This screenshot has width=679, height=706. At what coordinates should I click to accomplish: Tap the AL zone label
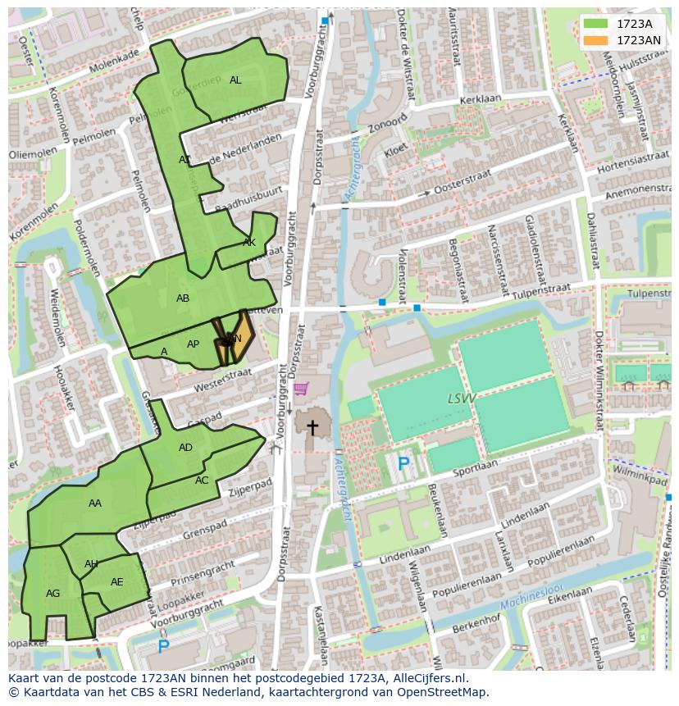pyautogui.click(x=235, y=80)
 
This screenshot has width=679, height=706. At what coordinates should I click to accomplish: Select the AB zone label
pyautogui.click(x=183, y=298)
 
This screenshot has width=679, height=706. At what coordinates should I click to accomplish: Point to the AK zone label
pyautogui.click(x=249, y=243)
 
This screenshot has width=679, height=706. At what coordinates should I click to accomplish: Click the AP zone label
pyautogui.click(x=193, y=344)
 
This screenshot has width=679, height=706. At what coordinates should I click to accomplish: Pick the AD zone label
pyautogui.click(x=185, y=448)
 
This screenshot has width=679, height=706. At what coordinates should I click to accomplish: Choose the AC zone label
pyautogui.click(x=202, y=481)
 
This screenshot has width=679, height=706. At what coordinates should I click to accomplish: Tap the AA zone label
pyautogui.click(x=95, y=503)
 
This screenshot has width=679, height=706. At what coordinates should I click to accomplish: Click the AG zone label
pyautogui.click(x=53, y=594)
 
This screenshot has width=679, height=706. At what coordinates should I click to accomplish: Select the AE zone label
pyautogui.click(x=116, y=582)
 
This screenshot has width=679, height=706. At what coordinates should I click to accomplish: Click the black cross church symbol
pyautogui.click(x=312, y=427)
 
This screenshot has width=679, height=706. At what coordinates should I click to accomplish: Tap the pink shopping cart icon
pyautogui.click(x=302, y=388)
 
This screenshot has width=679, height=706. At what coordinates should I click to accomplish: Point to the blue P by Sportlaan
pyautogui.click(x=403, y=464)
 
